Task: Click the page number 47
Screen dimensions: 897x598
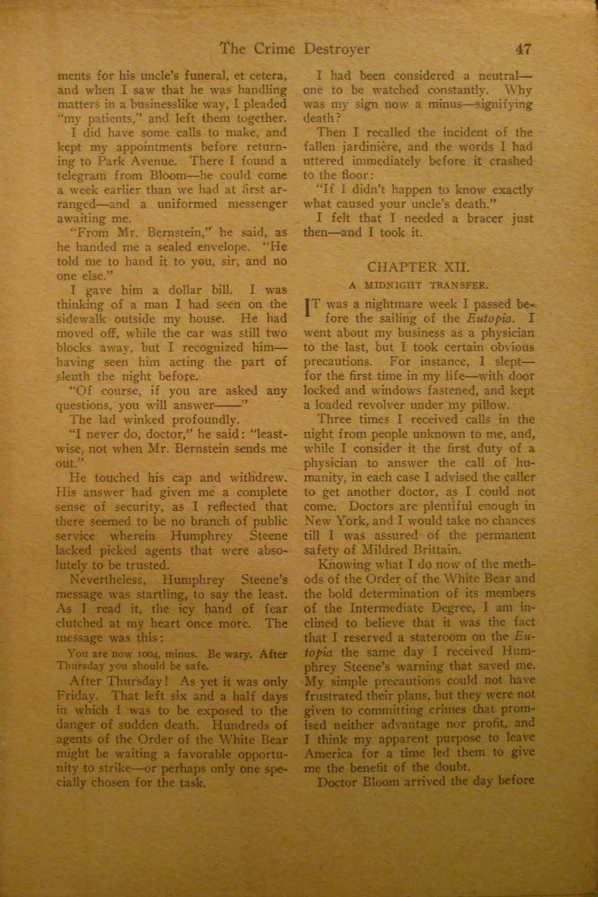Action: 523,48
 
